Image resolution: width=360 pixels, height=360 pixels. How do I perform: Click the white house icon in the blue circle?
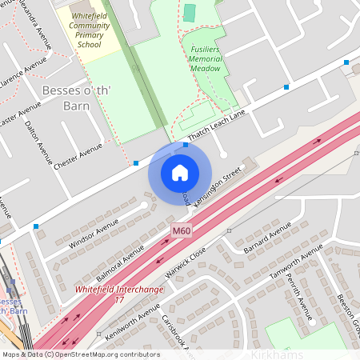180,172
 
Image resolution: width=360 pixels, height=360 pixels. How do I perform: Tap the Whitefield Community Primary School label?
90,30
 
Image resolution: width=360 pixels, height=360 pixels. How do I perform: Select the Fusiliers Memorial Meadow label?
205,57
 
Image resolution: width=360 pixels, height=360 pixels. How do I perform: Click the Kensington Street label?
218,186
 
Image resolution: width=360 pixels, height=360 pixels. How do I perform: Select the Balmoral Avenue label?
120,259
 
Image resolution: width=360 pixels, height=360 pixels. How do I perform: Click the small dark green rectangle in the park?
189,13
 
